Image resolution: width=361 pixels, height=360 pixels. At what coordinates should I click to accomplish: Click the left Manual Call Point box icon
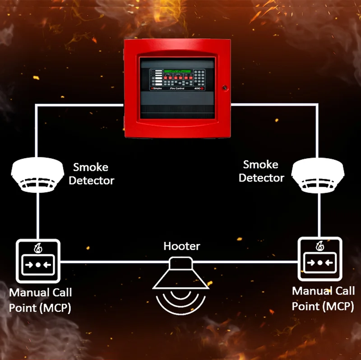click(38, 261)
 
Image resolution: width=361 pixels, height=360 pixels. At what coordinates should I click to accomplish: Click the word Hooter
click(181, 247)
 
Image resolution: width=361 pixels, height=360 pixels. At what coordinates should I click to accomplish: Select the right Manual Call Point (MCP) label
click(323, 298)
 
